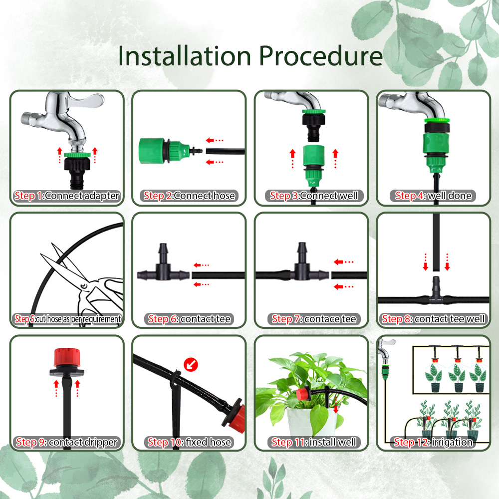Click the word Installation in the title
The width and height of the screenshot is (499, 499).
pos(186,56)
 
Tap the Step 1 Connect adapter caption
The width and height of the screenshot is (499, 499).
pos(67,196)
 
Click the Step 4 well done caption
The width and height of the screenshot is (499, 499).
pos(433,196)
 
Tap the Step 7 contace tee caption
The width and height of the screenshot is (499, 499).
pos(314,319)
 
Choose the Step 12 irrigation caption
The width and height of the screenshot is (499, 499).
pos(433,442)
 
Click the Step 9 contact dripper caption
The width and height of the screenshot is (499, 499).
pos(67,442)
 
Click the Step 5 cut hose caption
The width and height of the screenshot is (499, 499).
pos(67,319)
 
